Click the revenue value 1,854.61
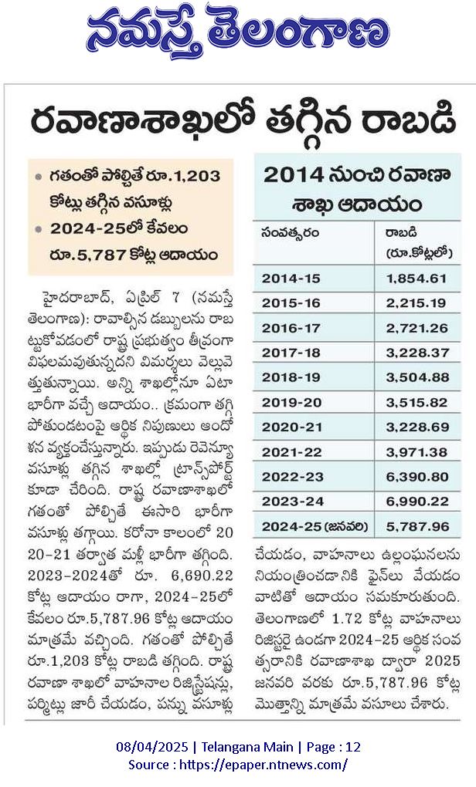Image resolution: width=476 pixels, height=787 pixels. point(416,279)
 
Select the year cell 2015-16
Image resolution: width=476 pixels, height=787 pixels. point(291,303)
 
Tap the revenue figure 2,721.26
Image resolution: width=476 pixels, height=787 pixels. point(416,328)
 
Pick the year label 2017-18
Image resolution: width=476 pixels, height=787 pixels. point(291,353)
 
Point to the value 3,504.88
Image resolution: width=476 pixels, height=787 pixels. point(417,377)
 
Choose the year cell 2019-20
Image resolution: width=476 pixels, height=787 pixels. point(291,403)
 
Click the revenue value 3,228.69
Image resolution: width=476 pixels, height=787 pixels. point(417,427)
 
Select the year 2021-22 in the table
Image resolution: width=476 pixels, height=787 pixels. point(291,452)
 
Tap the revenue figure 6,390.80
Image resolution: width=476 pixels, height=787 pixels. point(417,477)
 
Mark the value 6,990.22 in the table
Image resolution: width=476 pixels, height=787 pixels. point(417,502)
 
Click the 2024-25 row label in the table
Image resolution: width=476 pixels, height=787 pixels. point(314,527)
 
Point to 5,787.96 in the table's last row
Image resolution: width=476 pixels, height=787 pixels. point(417,527)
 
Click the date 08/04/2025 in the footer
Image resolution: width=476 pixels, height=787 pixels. point(152,747)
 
